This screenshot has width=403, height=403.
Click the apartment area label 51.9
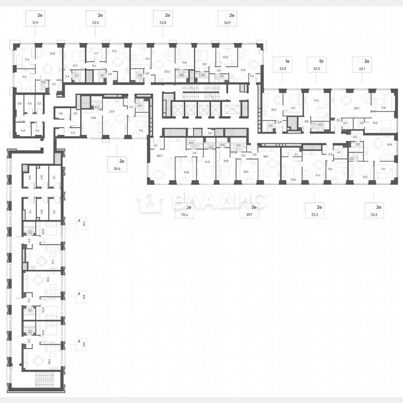(x=35, y=22)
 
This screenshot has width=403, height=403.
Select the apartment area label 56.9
(x=227, y=22)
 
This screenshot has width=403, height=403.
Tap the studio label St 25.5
(x=315, y=69)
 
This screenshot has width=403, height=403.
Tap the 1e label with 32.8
(x=282, y=69)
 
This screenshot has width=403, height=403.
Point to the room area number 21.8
(x=52, y=54)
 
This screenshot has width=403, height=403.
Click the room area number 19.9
(x=389, y=145)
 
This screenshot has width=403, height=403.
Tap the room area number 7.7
(x=96, y=54)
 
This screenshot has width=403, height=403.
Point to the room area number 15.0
(x=274, y=110)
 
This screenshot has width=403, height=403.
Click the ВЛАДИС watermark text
(x=219, y=201)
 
